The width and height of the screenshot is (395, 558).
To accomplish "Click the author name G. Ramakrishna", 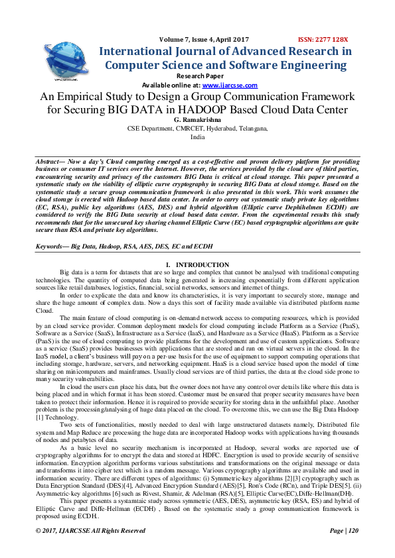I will [x=197, y=119].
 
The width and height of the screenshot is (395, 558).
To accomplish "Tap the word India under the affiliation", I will [x=197, y=137].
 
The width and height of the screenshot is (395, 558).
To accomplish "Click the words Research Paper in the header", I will [x=197, y=76].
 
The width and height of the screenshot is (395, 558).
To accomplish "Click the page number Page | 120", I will [x=343, y=549].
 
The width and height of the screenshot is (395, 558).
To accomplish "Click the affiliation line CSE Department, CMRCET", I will [x=197, y=128].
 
